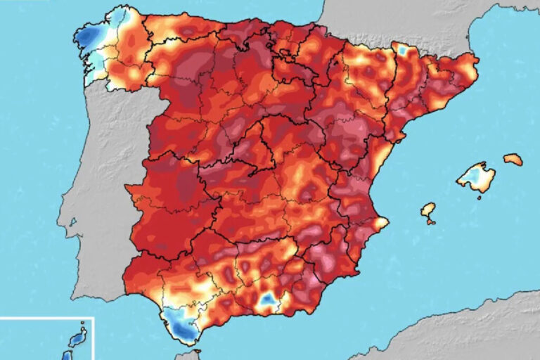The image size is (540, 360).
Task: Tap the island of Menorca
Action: (513, 160)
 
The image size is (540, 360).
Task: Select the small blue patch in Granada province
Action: (267, 301)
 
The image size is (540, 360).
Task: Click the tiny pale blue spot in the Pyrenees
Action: (402, 51)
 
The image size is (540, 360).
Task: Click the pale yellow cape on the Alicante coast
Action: (381, 223)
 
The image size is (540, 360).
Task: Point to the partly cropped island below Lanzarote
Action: (68, 356)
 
